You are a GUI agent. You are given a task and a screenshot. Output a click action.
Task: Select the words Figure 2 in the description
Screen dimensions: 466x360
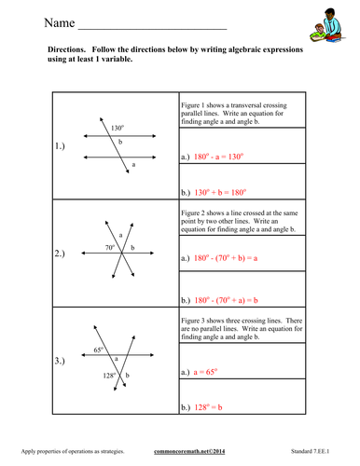click(198, 212)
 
